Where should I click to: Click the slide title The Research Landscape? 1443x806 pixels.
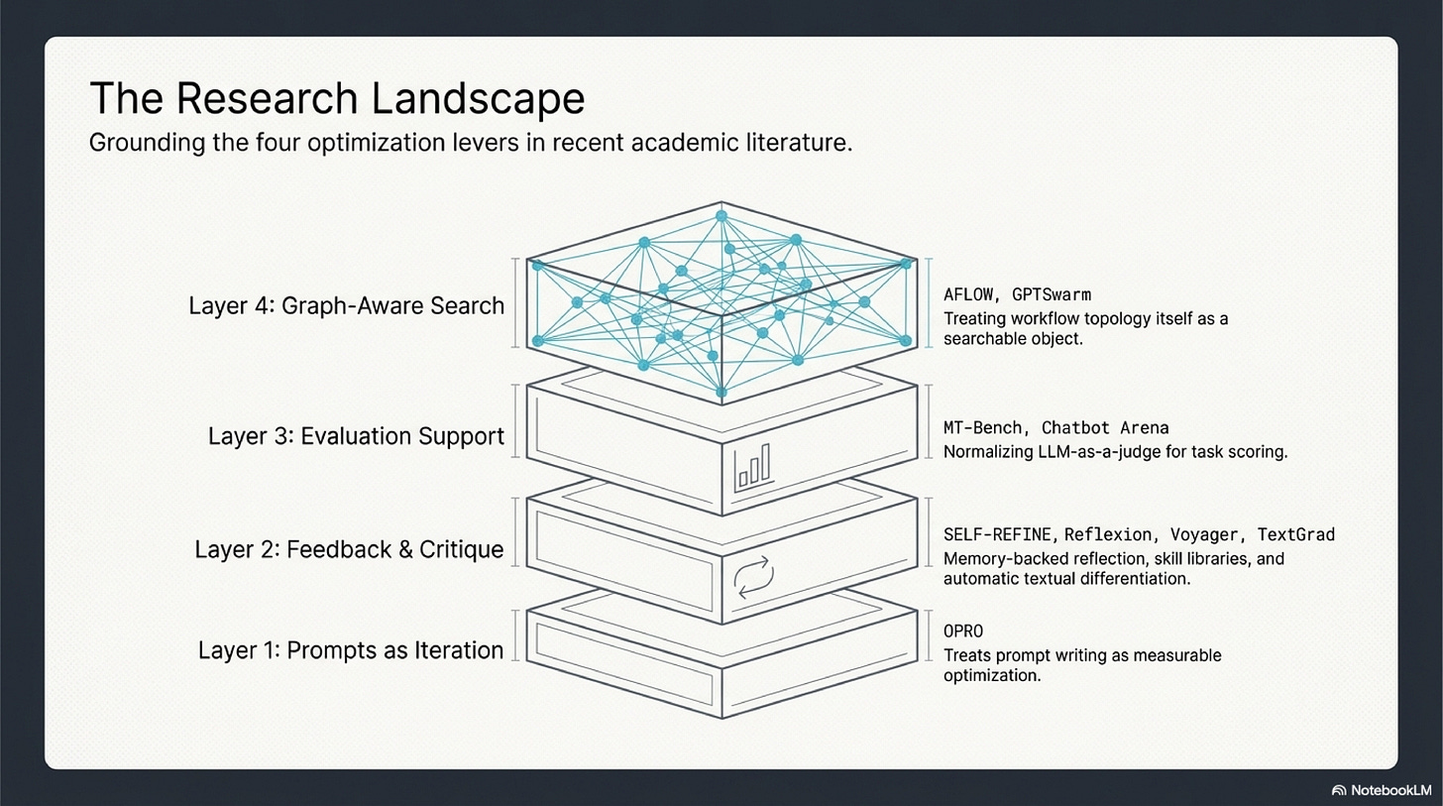click(337, 98)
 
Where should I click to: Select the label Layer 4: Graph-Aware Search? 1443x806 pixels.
click(346, 305)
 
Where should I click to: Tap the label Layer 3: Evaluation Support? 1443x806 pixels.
click(356, 436)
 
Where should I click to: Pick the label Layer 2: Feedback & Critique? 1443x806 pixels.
click(349, 549)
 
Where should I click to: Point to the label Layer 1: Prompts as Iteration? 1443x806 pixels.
click(351, 650)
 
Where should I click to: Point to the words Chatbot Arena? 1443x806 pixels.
click(1105, 428)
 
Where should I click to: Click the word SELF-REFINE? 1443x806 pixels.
click(999, 534)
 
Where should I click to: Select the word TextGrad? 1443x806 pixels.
click(1296, 534)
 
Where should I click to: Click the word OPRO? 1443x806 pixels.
click(963, 632)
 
